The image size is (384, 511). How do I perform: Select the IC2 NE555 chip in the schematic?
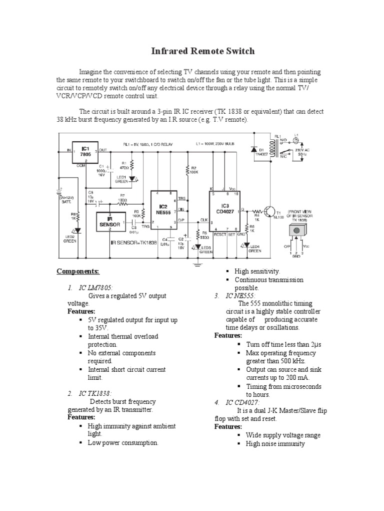[x=163, y=209]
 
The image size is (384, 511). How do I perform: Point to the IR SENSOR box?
[x=108, y=220]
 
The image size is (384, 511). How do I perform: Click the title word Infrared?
[x=173, y=51]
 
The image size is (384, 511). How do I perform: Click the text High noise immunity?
[x=275, y=444]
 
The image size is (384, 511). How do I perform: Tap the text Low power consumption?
[x=123, y=442]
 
